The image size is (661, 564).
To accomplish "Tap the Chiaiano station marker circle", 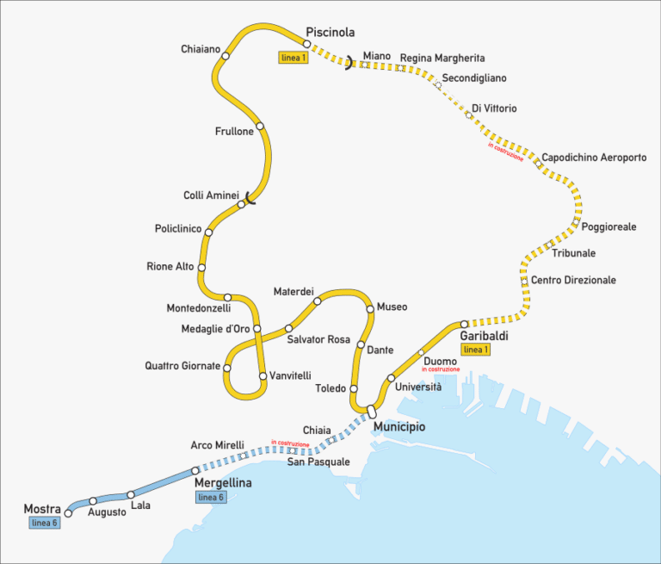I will (225, 56).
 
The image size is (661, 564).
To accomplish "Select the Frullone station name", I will (234, 132).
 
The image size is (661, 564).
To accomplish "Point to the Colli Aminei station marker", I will (242, 204).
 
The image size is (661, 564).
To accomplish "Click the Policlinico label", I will (178, 229).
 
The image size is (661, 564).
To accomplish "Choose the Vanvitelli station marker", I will (263, 376).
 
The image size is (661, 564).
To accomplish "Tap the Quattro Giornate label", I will (182, 366).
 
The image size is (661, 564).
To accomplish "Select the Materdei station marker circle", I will (318, 301).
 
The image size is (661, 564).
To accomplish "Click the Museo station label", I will (392, 307).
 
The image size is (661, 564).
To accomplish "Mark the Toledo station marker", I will (353, 388).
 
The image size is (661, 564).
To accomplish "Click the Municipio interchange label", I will (398, 427).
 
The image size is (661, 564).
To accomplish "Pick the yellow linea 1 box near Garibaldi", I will (475, 350).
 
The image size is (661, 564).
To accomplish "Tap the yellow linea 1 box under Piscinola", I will (293, 58).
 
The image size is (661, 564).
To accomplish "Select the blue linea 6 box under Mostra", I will (43, 524).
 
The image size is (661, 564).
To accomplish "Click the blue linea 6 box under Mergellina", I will (211, 498).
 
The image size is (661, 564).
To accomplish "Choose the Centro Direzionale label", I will (573, 281).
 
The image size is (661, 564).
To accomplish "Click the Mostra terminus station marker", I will (69, 514).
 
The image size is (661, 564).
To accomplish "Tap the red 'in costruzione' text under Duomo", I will (441, 369).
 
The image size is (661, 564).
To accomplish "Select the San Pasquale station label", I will (318, 462).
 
